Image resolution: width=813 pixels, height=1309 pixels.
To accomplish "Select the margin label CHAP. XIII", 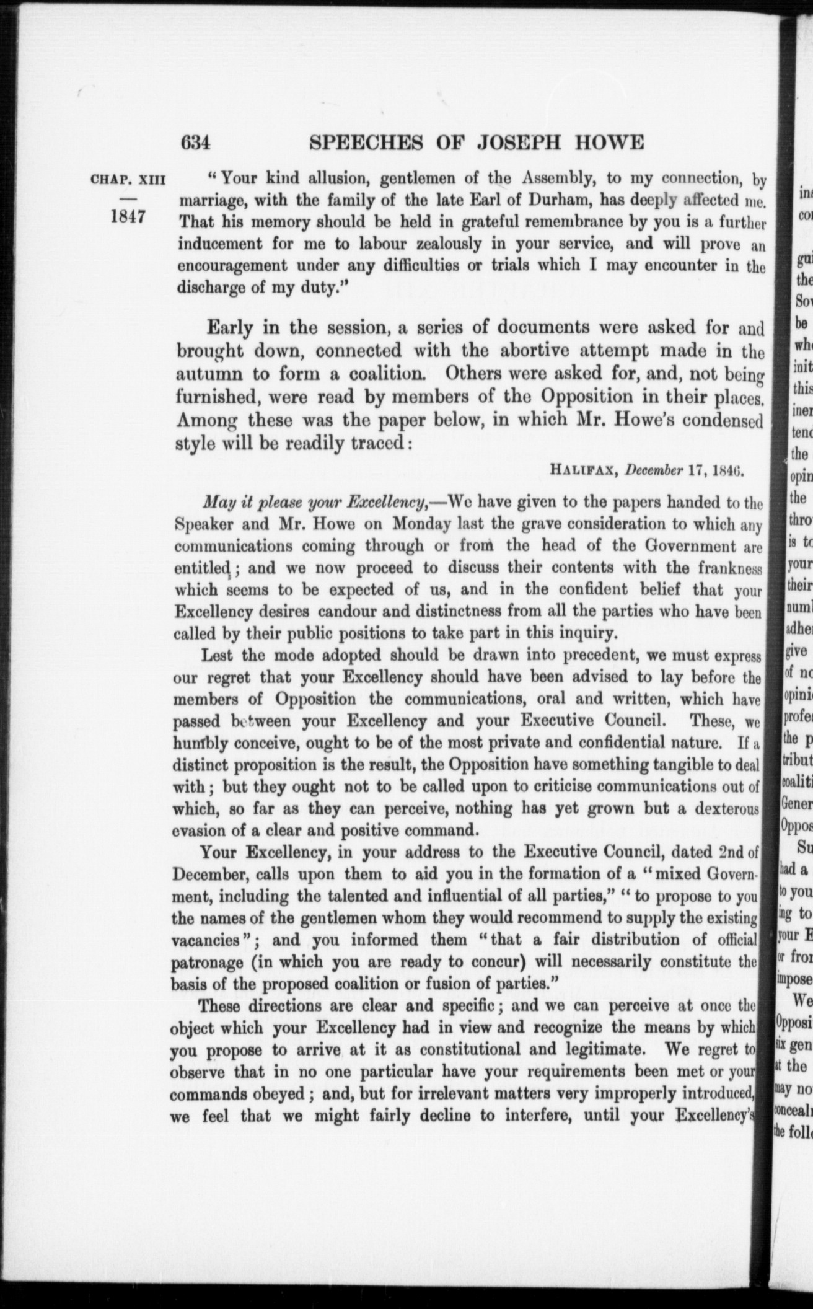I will point(128,181).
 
